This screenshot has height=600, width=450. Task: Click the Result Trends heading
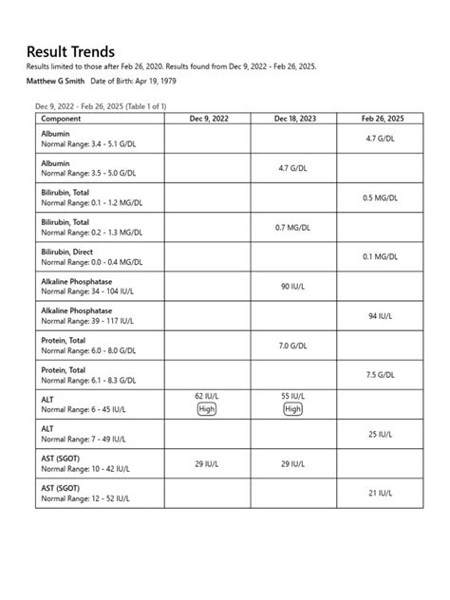coord(71,51)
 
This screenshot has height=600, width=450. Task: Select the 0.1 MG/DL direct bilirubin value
coord(381,257)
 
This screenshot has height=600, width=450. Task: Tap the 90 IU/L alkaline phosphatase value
coord(293,287)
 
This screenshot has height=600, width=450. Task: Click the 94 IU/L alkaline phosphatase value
coord(381,316)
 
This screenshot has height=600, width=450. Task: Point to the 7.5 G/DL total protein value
coord(381,375)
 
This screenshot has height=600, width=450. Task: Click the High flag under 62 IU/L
coord(206,409)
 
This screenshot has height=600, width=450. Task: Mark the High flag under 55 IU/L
coord(293,409)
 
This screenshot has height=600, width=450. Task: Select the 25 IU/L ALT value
coord(381,434)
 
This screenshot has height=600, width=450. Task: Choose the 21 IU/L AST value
coord(381,493)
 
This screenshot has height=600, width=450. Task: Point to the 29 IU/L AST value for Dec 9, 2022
coord(206,463)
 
